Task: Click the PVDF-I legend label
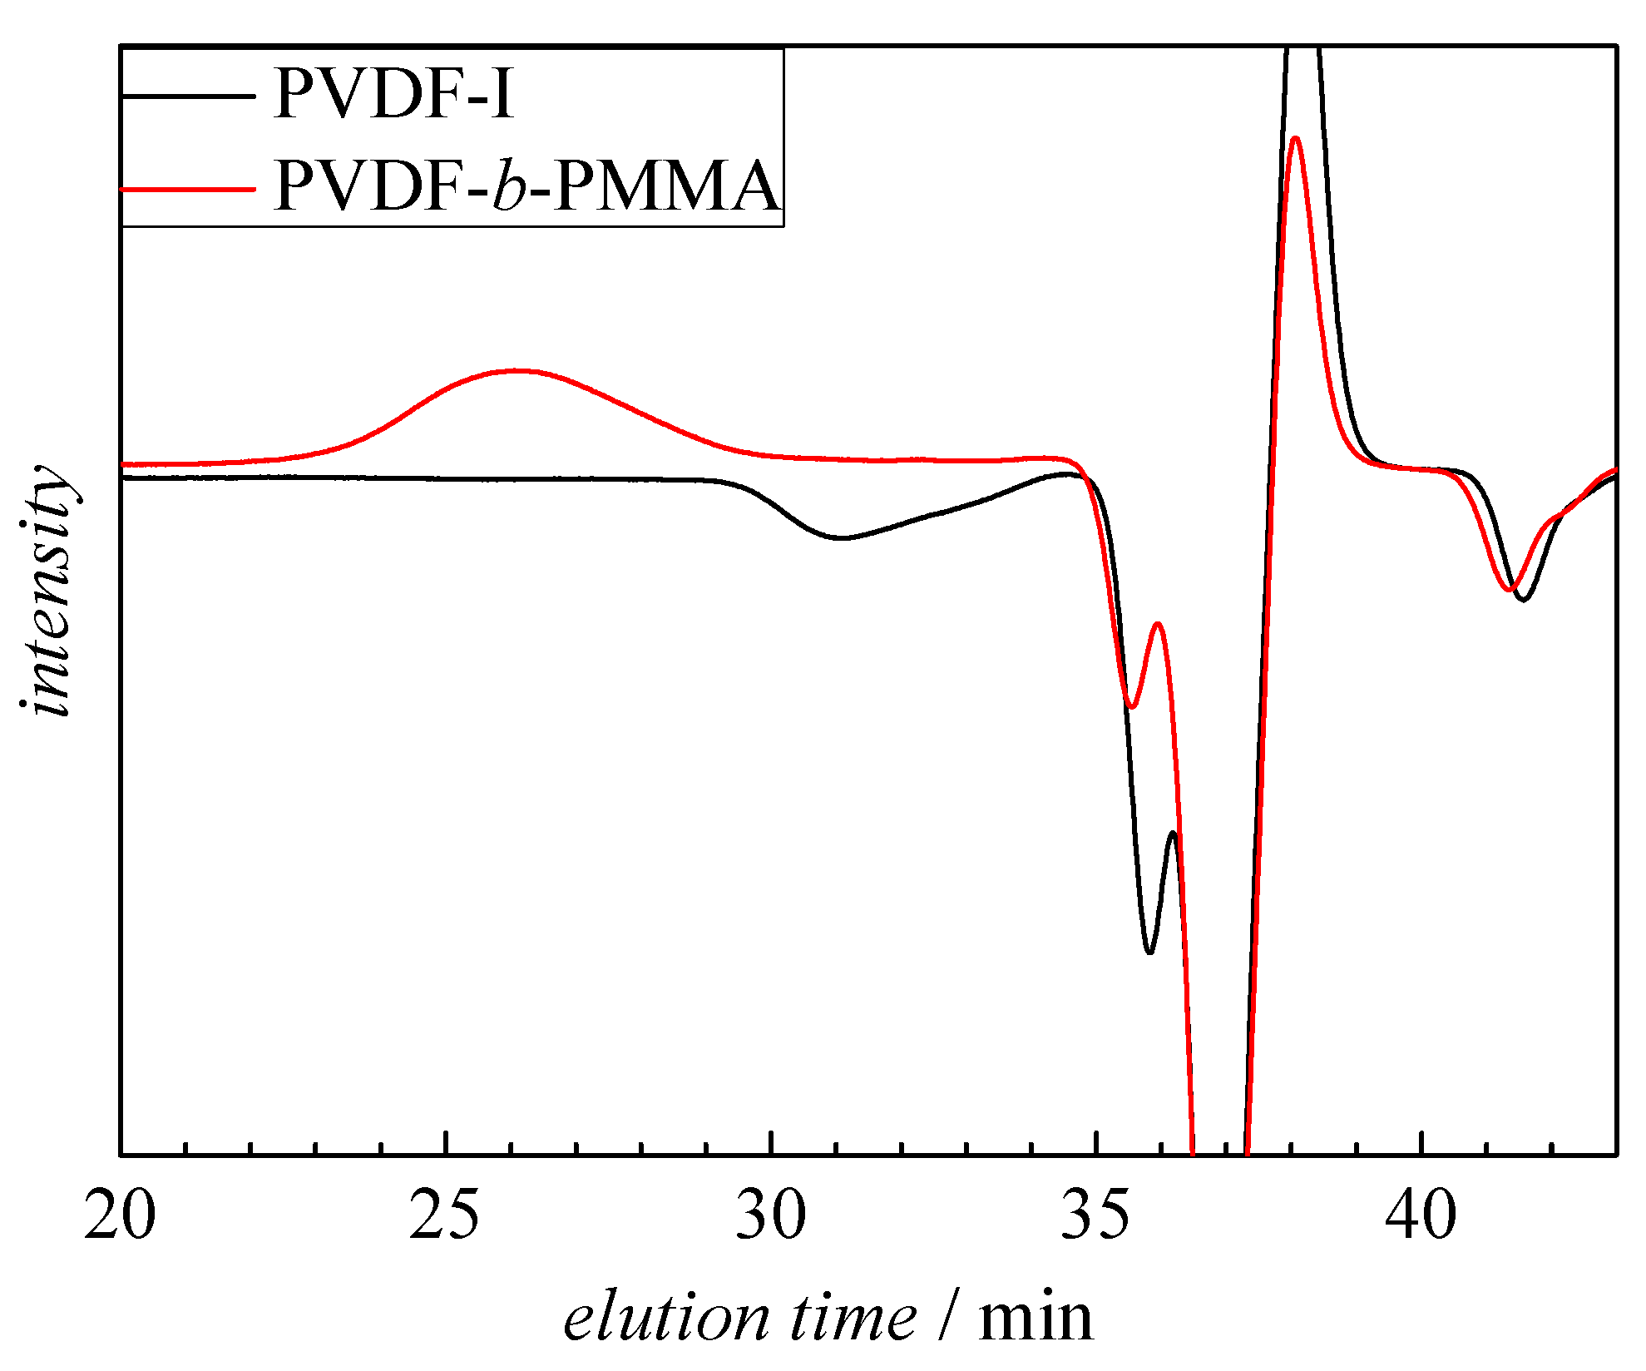tap(394, 94)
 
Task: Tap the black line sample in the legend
tap(188, 97)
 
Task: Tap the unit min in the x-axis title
tap(1036, 1318)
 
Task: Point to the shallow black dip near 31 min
tap(842, 537)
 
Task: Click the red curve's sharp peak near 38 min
tap(1295, 139)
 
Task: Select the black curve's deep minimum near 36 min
tap(1149, 952)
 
